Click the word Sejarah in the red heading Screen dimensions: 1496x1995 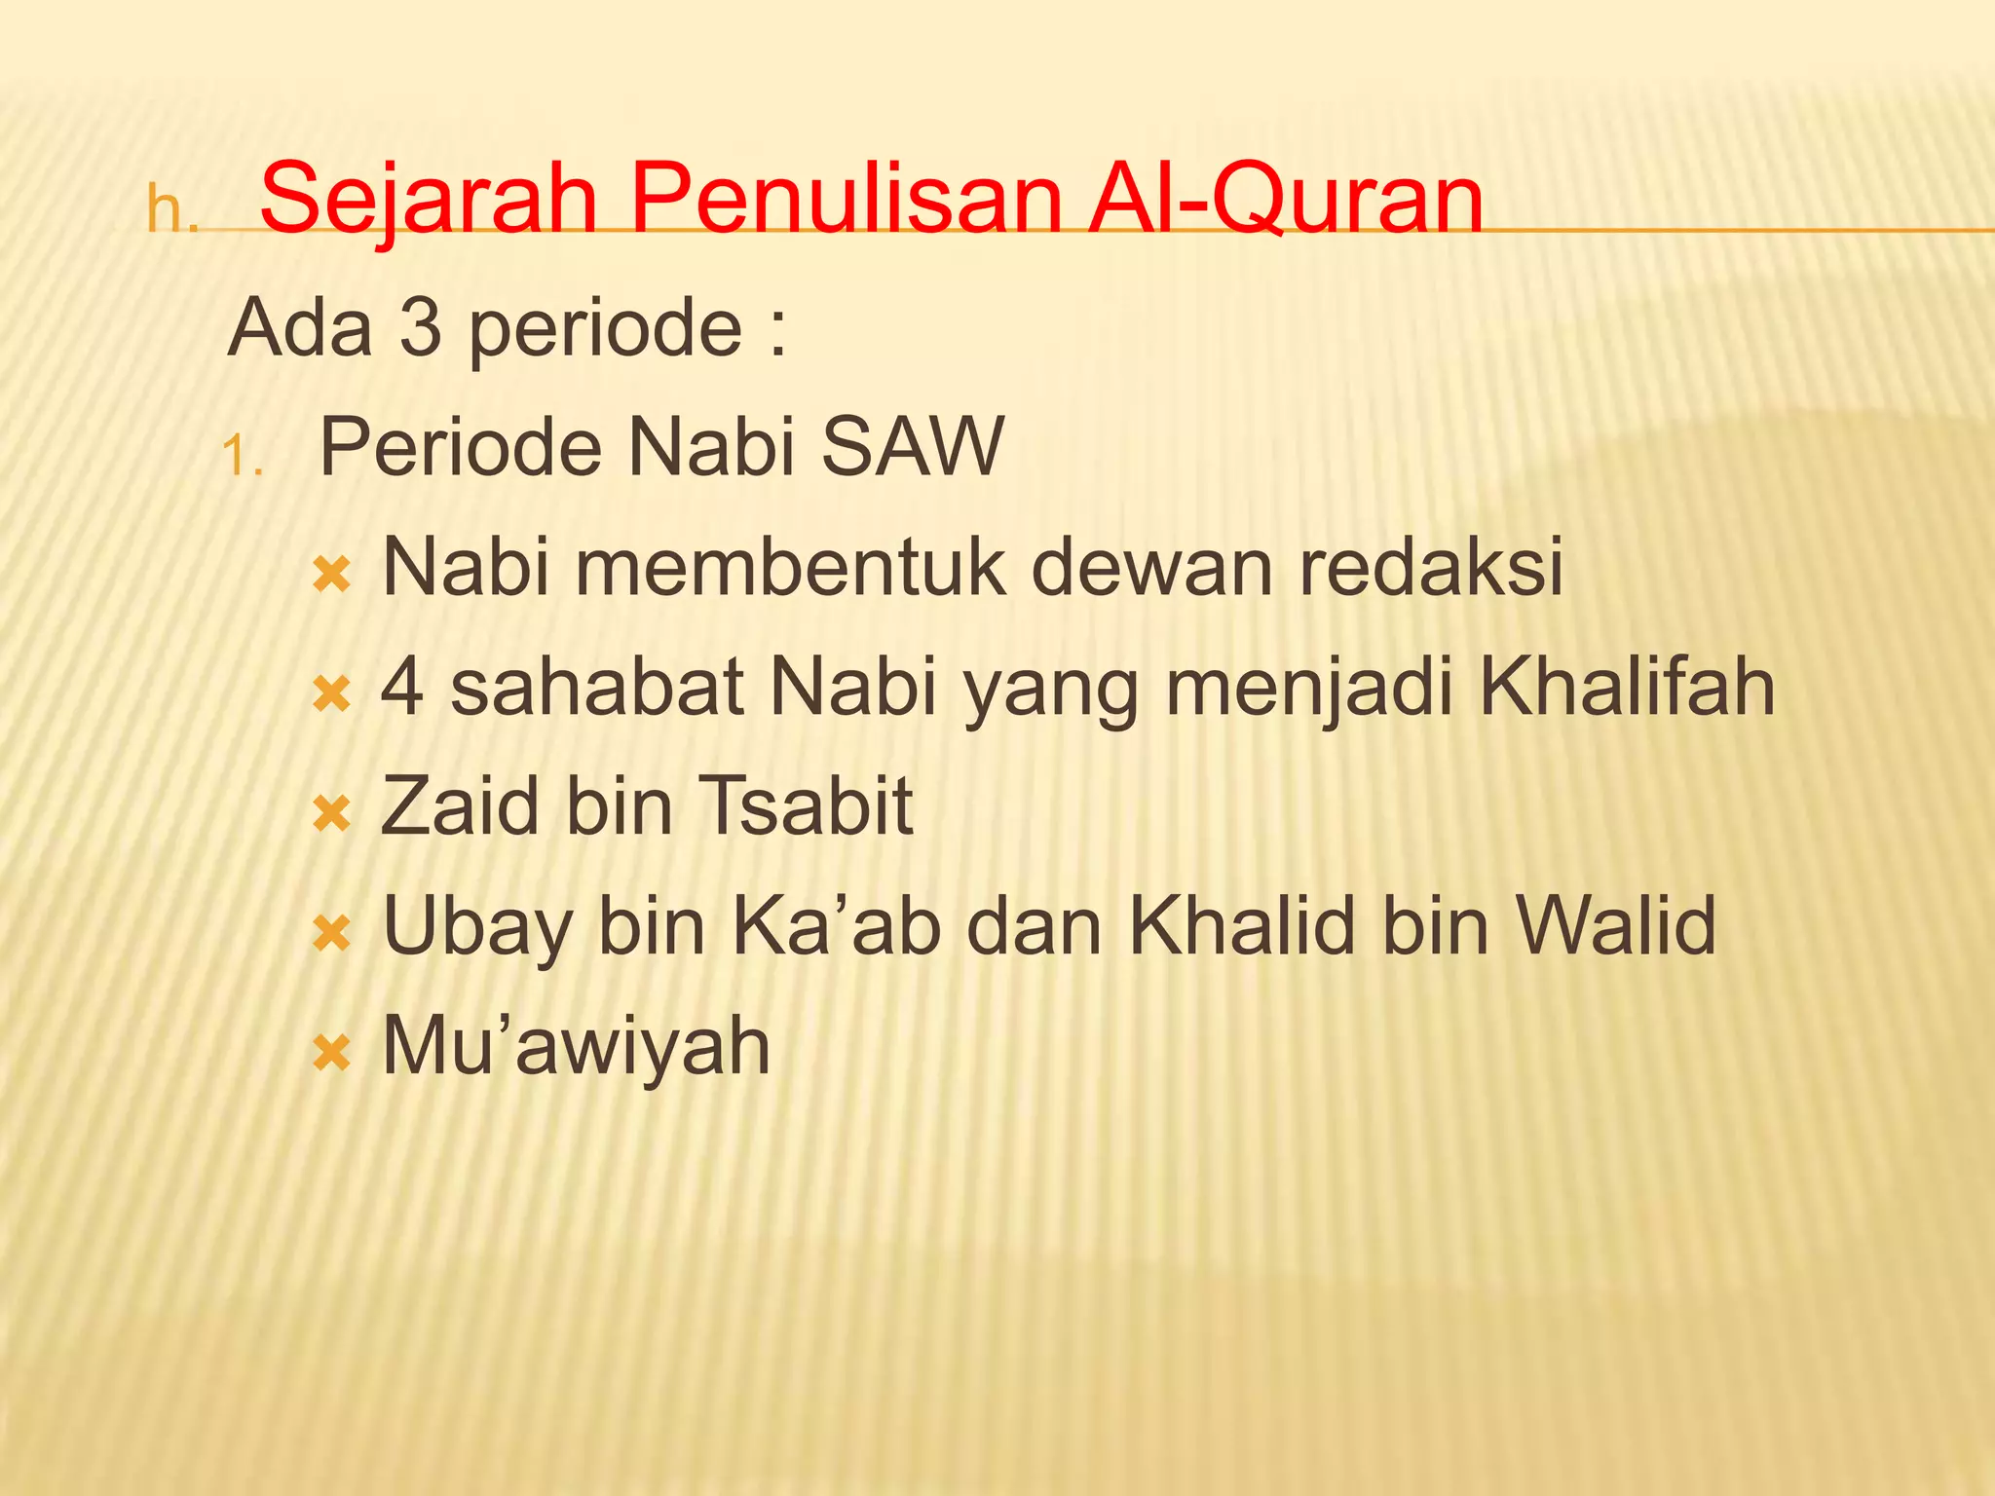tap(429, 200)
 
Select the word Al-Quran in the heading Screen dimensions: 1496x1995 tap(1286, 200)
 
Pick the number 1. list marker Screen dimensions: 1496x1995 tap(243, 455)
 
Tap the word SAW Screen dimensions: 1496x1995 tap(912, 447)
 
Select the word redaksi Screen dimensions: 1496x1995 tap(1431, 567)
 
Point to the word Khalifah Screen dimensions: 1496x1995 tap(1627, 687)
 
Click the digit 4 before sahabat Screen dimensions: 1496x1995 tap(402, 687)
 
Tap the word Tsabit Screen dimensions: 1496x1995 tap(807, 806)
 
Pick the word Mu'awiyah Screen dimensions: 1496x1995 tap(576, 1047)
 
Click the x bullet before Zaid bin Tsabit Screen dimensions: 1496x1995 tap(331, 813)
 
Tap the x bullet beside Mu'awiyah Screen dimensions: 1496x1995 tap(331, 1053)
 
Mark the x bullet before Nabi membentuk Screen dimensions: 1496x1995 tap(331, 575)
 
